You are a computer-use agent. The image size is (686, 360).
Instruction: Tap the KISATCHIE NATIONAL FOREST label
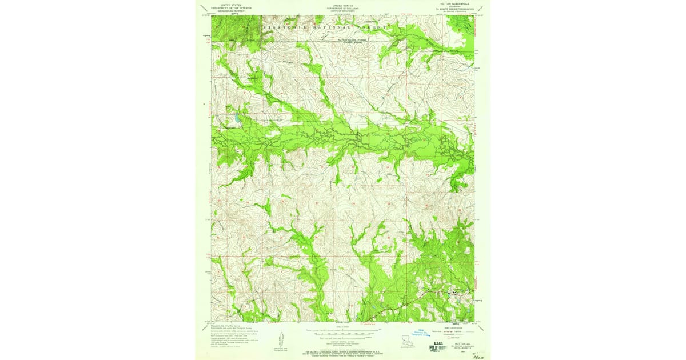click(326, 27)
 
